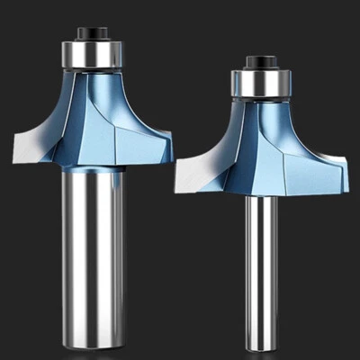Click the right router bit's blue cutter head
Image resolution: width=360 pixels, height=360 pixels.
pyautogui.click(x=270, y=153)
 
